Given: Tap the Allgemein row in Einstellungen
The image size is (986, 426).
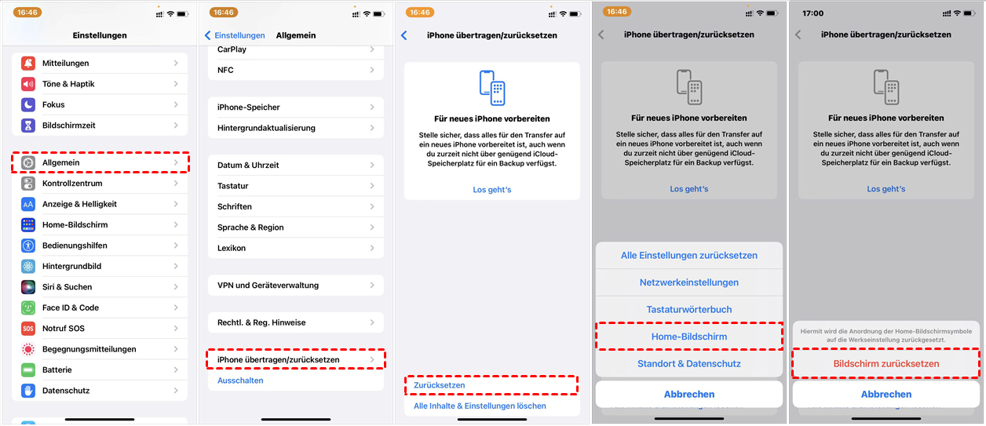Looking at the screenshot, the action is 100,162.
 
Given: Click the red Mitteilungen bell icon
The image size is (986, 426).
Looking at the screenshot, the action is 28,63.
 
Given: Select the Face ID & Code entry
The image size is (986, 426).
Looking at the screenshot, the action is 71,308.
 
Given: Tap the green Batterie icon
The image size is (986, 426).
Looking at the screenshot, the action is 28,370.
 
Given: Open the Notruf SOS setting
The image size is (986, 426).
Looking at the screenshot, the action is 64,328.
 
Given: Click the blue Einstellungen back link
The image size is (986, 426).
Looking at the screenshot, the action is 235,35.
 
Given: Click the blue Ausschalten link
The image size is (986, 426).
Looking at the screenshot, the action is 240,380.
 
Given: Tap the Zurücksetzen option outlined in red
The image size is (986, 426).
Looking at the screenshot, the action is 440,385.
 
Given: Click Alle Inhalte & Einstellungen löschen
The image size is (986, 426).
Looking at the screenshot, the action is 480,406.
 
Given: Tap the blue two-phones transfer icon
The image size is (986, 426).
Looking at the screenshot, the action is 492,88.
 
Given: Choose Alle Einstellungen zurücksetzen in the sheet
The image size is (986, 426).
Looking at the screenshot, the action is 689,255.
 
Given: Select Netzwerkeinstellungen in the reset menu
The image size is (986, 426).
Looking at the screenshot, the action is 689,282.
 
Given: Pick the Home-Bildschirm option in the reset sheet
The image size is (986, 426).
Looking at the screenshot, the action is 689,337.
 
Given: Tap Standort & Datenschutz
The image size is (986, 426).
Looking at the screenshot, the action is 689,363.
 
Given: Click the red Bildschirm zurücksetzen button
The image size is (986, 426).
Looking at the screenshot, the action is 886,363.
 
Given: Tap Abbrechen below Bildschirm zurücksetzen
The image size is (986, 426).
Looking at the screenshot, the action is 886,395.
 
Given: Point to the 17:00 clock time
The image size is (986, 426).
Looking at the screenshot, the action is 813,13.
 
